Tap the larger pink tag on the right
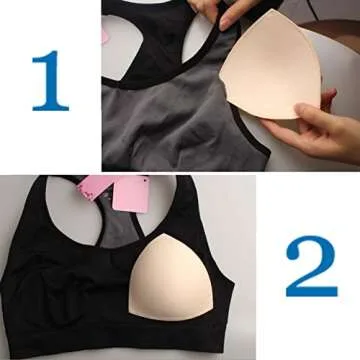coord(131,194)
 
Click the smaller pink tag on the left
coord(99,187)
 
